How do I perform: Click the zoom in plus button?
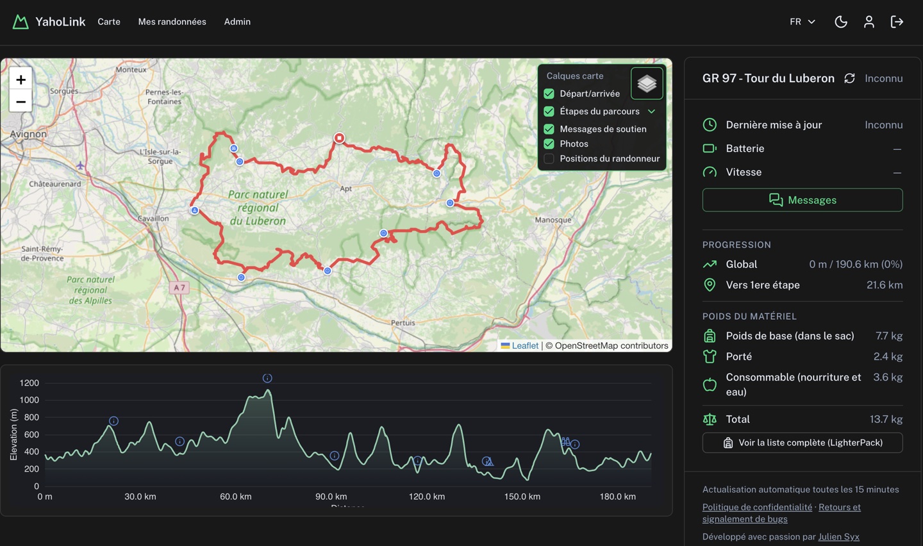coord(21,79)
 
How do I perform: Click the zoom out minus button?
coord(21,101)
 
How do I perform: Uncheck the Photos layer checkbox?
coord(549,144)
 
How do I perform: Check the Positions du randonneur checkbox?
coord(549,158)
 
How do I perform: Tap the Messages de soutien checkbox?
coord(549,129)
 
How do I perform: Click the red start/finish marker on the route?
coord(339,138)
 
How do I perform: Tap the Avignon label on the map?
coord(28,134)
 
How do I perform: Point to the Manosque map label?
coord(553,220)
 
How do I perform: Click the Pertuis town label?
coord(403,322)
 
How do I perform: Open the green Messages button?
coord(802,200)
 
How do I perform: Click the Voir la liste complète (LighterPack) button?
coord(802,443)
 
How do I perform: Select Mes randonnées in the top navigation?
coord(172,22)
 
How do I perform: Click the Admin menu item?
coord(237,22)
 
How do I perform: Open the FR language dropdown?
coord(802,22)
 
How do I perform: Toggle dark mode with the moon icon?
coord(841,22)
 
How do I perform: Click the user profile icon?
coord(869,22)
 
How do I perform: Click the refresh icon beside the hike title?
coord(849,78)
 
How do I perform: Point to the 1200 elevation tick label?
coord(29,383)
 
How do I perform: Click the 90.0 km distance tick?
coord(331,497)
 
